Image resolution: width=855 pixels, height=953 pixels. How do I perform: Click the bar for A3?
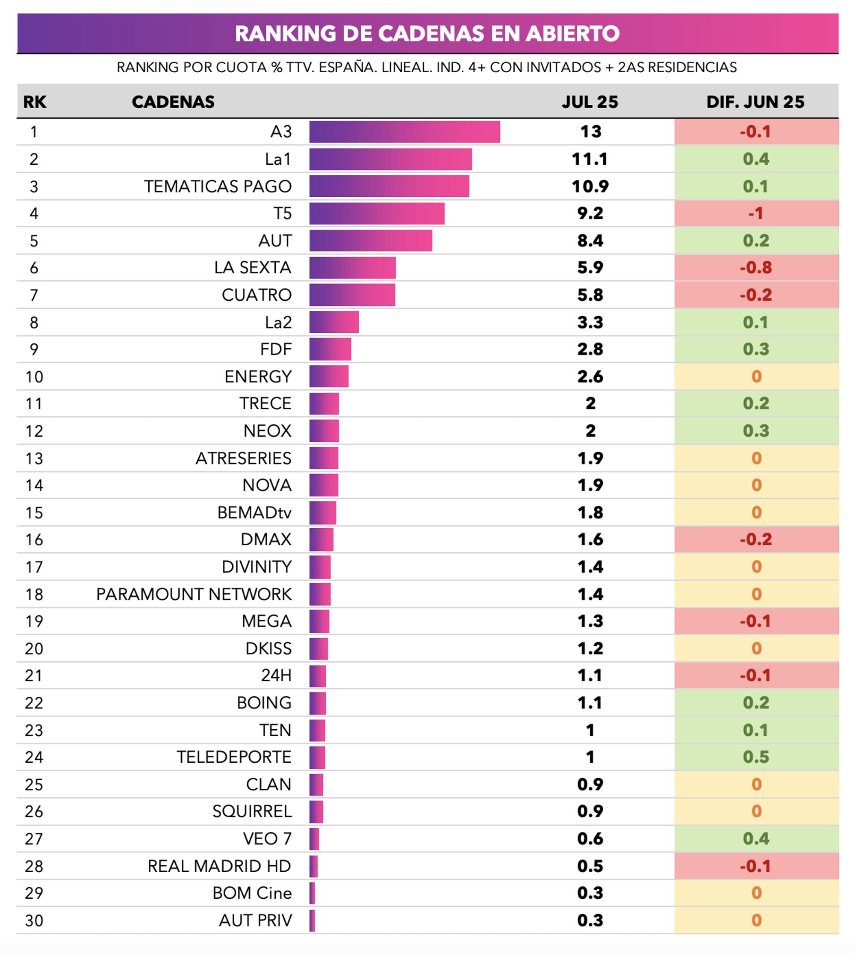coord(404,132)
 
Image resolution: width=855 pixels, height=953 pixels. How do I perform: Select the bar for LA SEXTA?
coord(352,268)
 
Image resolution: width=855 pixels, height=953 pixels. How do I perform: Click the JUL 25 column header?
coord(590,102)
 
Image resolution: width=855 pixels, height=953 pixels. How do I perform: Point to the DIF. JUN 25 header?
coord(755,102)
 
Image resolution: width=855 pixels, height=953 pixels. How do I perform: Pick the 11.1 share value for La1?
coord(590,159)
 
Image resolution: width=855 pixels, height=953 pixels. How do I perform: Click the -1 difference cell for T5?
coord(756,213)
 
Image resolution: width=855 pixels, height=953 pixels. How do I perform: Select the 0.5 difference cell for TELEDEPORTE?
coord(756,757)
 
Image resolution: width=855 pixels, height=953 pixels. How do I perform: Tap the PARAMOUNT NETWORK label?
coord(194,595)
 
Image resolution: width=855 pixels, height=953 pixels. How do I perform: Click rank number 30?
coord(34,920)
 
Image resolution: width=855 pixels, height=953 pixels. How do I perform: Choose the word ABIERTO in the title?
coord(573,34)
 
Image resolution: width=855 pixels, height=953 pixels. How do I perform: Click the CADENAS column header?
coord(173,102)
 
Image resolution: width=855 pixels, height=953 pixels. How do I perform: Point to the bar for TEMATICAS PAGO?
coord(389,186)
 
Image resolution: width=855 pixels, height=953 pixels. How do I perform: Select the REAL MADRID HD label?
coord(219,866)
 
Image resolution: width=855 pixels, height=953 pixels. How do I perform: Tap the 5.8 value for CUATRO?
coord(590,295)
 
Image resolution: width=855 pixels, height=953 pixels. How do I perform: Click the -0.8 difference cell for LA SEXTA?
coord(756,268)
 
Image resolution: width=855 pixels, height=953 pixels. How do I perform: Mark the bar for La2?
coord(334,323)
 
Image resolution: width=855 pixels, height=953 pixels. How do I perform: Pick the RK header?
coord(35,102)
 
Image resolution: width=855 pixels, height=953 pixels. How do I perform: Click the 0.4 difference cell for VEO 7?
coord(756,839)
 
